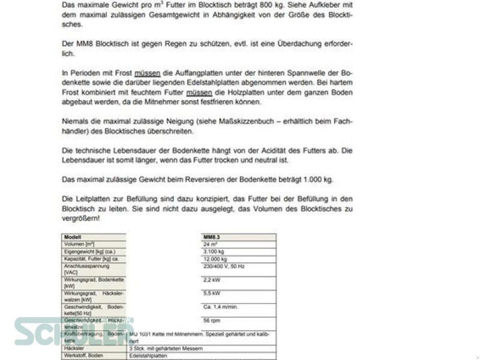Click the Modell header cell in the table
(x=73, y=237)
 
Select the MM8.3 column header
(x=213, y=237)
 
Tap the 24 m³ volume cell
(x=210, y=244)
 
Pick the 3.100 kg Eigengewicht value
(x=213, y=252)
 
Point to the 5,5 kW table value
(x=211, y=293)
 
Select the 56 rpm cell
(x=211, y=321)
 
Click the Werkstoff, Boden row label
(x=83, y=355)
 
